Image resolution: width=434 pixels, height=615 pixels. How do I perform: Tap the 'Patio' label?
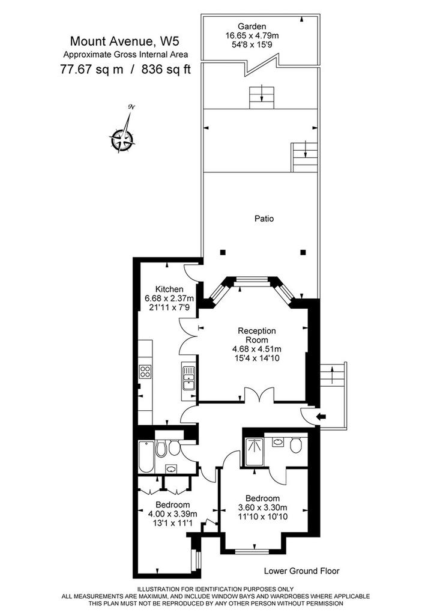click(x=264, y=219)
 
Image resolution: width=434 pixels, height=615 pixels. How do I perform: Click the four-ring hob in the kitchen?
click(x=145, y=371)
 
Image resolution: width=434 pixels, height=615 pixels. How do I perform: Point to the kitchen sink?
click(x=188, y=377)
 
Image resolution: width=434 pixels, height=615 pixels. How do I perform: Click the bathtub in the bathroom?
click(x=146, y=457)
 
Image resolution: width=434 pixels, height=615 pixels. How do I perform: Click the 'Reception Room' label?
click(x=257, y=335)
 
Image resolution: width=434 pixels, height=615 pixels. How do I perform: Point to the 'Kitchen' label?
click(x=169, y=289)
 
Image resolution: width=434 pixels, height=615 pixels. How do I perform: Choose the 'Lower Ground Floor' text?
click(x=301, y=571)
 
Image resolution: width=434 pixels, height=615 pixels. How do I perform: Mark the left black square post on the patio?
click(x=223, y=252)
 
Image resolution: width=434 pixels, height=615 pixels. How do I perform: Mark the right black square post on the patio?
click(x=303, y=252)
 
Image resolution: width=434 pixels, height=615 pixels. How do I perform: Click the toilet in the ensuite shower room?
click(x=296, y=446)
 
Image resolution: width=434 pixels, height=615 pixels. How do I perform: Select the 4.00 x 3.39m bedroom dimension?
click(x=172, y=514)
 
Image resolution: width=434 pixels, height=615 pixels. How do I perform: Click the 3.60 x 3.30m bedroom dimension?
click(x=263, y=507)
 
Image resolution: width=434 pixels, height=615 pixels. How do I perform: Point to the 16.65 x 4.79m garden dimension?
click(x=252, y=35)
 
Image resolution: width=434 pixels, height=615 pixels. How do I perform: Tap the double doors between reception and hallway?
click(x=259, y=395)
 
